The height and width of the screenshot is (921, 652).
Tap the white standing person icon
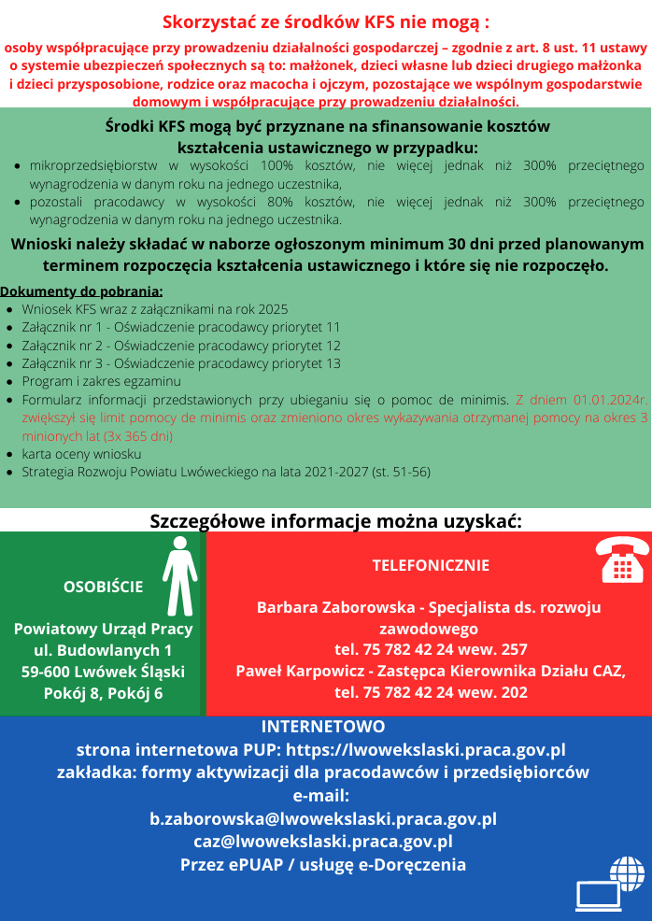click(x=178, y=575)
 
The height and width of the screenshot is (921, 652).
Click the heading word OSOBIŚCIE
click(x=103, y=587)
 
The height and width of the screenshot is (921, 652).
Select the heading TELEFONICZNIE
click(x=430, y=565)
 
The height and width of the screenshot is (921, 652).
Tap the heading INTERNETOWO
click(x=323, y=727)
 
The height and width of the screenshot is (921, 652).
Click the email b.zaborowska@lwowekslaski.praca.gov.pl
click(x=323, y=819)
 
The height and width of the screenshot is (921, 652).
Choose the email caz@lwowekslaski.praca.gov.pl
click(x=323, y=842)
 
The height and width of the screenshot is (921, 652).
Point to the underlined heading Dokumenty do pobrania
click(x=82, y=290)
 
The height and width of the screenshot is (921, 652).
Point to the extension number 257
click(x=513, y=649)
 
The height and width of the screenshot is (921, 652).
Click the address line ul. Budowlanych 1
click(x=103, y=650)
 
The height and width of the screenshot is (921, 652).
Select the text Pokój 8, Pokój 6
click(x=103, y=693)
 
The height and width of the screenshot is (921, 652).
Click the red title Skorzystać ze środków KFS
click(x=326, y=21)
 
